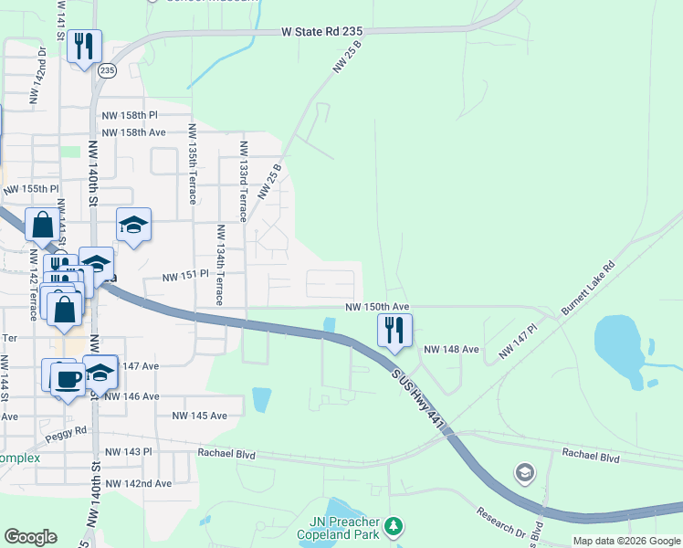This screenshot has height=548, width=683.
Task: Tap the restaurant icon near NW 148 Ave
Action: (394, 331)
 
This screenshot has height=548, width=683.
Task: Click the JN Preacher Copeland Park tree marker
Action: (394, 526)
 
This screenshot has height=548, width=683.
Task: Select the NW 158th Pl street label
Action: (130, 115)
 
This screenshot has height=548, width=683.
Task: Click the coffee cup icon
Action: (67, 378)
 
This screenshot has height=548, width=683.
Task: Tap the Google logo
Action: (30, 537)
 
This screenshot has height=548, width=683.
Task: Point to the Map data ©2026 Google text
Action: (625, 541)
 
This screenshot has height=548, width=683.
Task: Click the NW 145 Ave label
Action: (199, 416)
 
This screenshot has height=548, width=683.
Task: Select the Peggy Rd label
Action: (68, 430)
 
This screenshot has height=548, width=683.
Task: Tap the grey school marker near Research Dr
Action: (524, 472)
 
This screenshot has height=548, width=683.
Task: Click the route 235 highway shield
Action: (108, 70)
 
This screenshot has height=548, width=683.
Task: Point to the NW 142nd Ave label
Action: (138, 483)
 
